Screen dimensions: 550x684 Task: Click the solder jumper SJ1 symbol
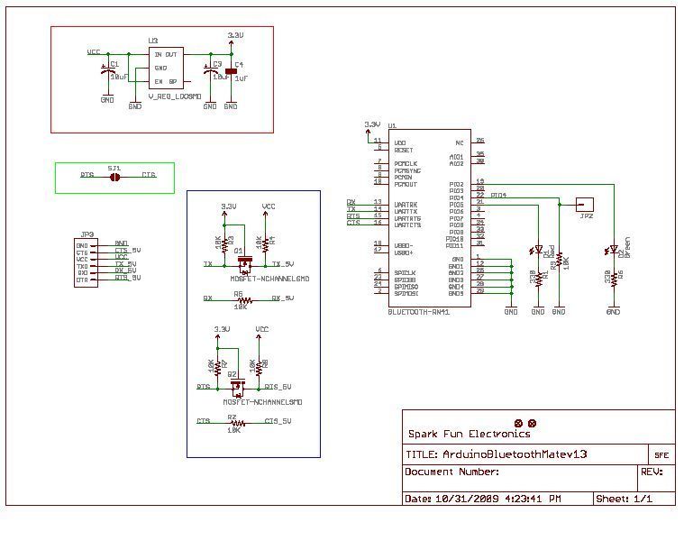click(x=114, y=177)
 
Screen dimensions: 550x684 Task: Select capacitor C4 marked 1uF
click(x=231, y=72)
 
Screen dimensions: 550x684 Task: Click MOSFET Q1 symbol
click(x=243, y=264)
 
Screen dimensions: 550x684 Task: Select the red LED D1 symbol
click(x=538, y=250)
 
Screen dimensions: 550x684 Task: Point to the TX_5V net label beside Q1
click(x=285, y=264)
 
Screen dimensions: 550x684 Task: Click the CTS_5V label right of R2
click(x=277, y=421)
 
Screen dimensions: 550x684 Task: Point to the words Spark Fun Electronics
click(x=464, y=434)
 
